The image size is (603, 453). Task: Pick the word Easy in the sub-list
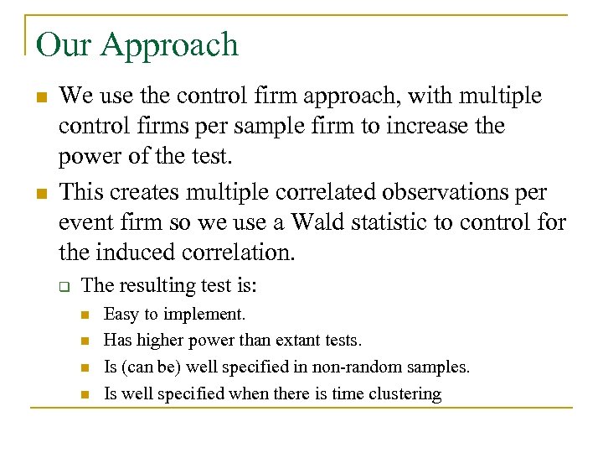coord(121,314)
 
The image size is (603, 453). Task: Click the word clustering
coord(404,394)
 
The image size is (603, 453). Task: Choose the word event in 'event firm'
coord(85,223)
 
